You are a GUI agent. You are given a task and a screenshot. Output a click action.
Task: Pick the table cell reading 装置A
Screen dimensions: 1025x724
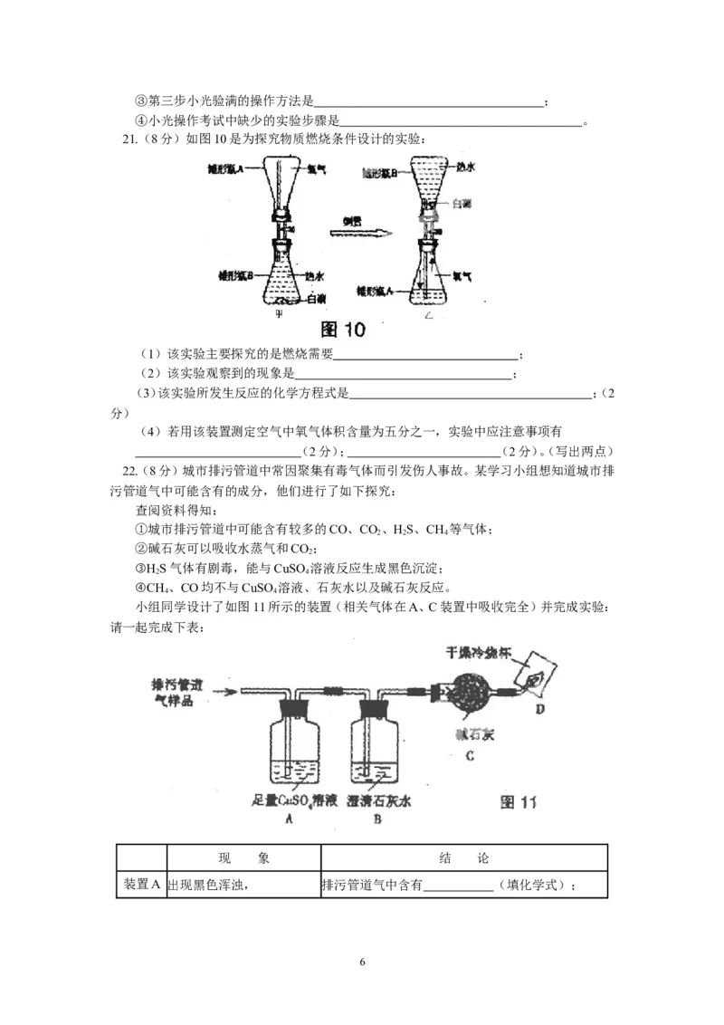(x=141, y=885)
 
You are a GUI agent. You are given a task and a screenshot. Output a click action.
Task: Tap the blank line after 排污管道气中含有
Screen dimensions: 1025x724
(x=459, y=886)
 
